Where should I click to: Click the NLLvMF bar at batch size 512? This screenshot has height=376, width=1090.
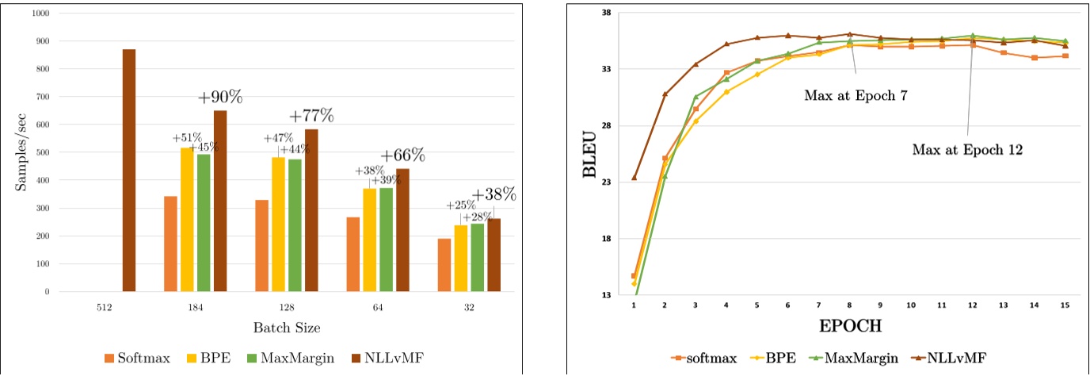128,171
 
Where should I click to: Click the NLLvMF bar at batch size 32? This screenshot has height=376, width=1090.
494,255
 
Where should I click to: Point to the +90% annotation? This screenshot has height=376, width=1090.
219,98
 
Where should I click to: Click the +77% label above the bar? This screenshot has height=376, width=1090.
311,116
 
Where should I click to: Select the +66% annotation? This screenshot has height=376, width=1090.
402,155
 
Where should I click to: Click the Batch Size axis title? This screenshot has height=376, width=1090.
286,327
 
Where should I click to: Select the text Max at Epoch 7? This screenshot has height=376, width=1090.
855,95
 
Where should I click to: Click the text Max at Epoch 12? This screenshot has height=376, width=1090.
967,148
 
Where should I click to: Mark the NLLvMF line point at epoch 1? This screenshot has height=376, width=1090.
635,177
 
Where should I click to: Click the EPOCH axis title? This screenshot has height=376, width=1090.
850,325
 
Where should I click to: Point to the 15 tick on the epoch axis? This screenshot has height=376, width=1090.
1065,305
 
